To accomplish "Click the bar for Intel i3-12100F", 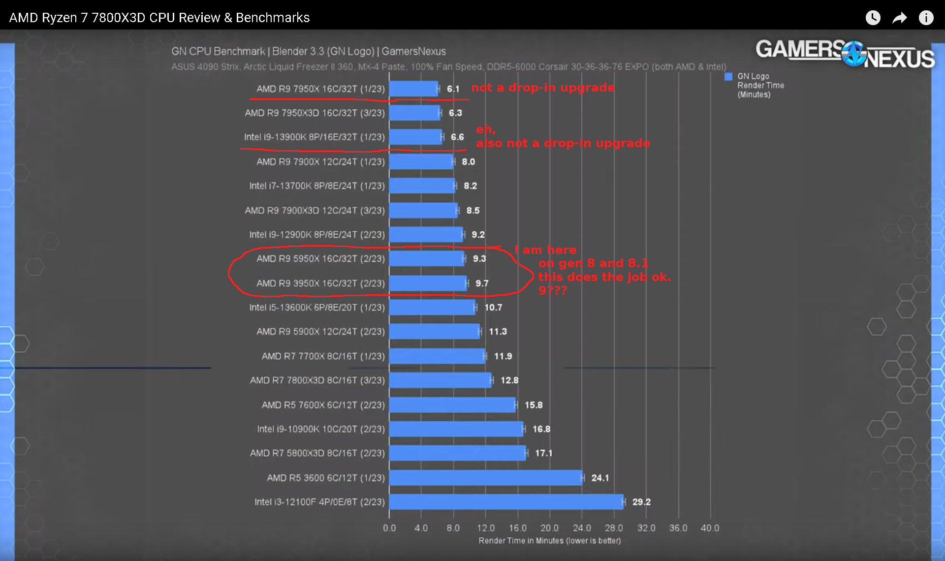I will (506, 502).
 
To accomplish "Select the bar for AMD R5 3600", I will (486, 478).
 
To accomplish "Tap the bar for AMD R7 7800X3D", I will (440, 380).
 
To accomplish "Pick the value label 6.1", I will (453, 89).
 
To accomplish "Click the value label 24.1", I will (600, 478).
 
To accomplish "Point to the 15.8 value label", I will (534, 405).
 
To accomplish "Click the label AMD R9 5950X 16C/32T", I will (320, 259).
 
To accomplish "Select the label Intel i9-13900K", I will (314, 137).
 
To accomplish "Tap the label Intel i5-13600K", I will (317, 308).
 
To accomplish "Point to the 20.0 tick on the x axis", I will (549, 528).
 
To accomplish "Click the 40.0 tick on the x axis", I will (710, 528).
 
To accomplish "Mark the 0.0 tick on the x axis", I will (389, 528).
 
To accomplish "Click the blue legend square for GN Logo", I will (728, 77).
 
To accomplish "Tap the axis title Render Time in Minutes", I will (549, 541).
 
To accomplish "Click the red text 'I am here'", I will (545, 250).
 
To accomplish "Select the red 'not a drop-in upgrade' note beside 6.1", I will (543, 88).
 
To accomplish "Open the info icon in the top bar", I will (926, 18).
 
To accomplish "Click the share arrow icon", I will (899, 18).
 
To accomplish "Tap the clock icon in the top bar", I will (873, 18).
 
